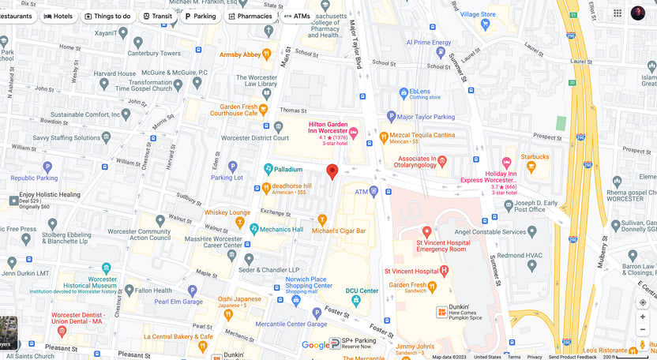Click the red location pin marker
pos(332,171)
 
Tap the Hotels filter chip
pos(58,16)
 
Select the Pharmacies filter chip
pos(250,16)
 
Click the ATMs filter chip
pos(297,16)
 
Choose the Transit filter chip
pos(156,16)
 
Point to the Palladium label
pos(288,169)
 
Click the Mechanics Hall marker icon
pos(254,229)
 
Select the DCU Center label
pos(362,291)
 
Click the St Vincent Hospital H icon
pos(444,270)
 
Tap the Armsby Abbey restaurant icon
pos(267,54)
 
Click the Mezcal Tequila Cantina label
pos(422,135)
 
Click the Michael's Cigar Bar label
pos(339,231)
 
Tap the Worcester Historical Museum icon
pos(106,269)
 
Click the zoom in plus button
pos(643,317)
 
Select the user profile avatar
pos(637,13)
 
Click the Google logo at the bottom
pos(315,345)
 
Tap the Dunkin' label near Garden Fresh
pos(459,307)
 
